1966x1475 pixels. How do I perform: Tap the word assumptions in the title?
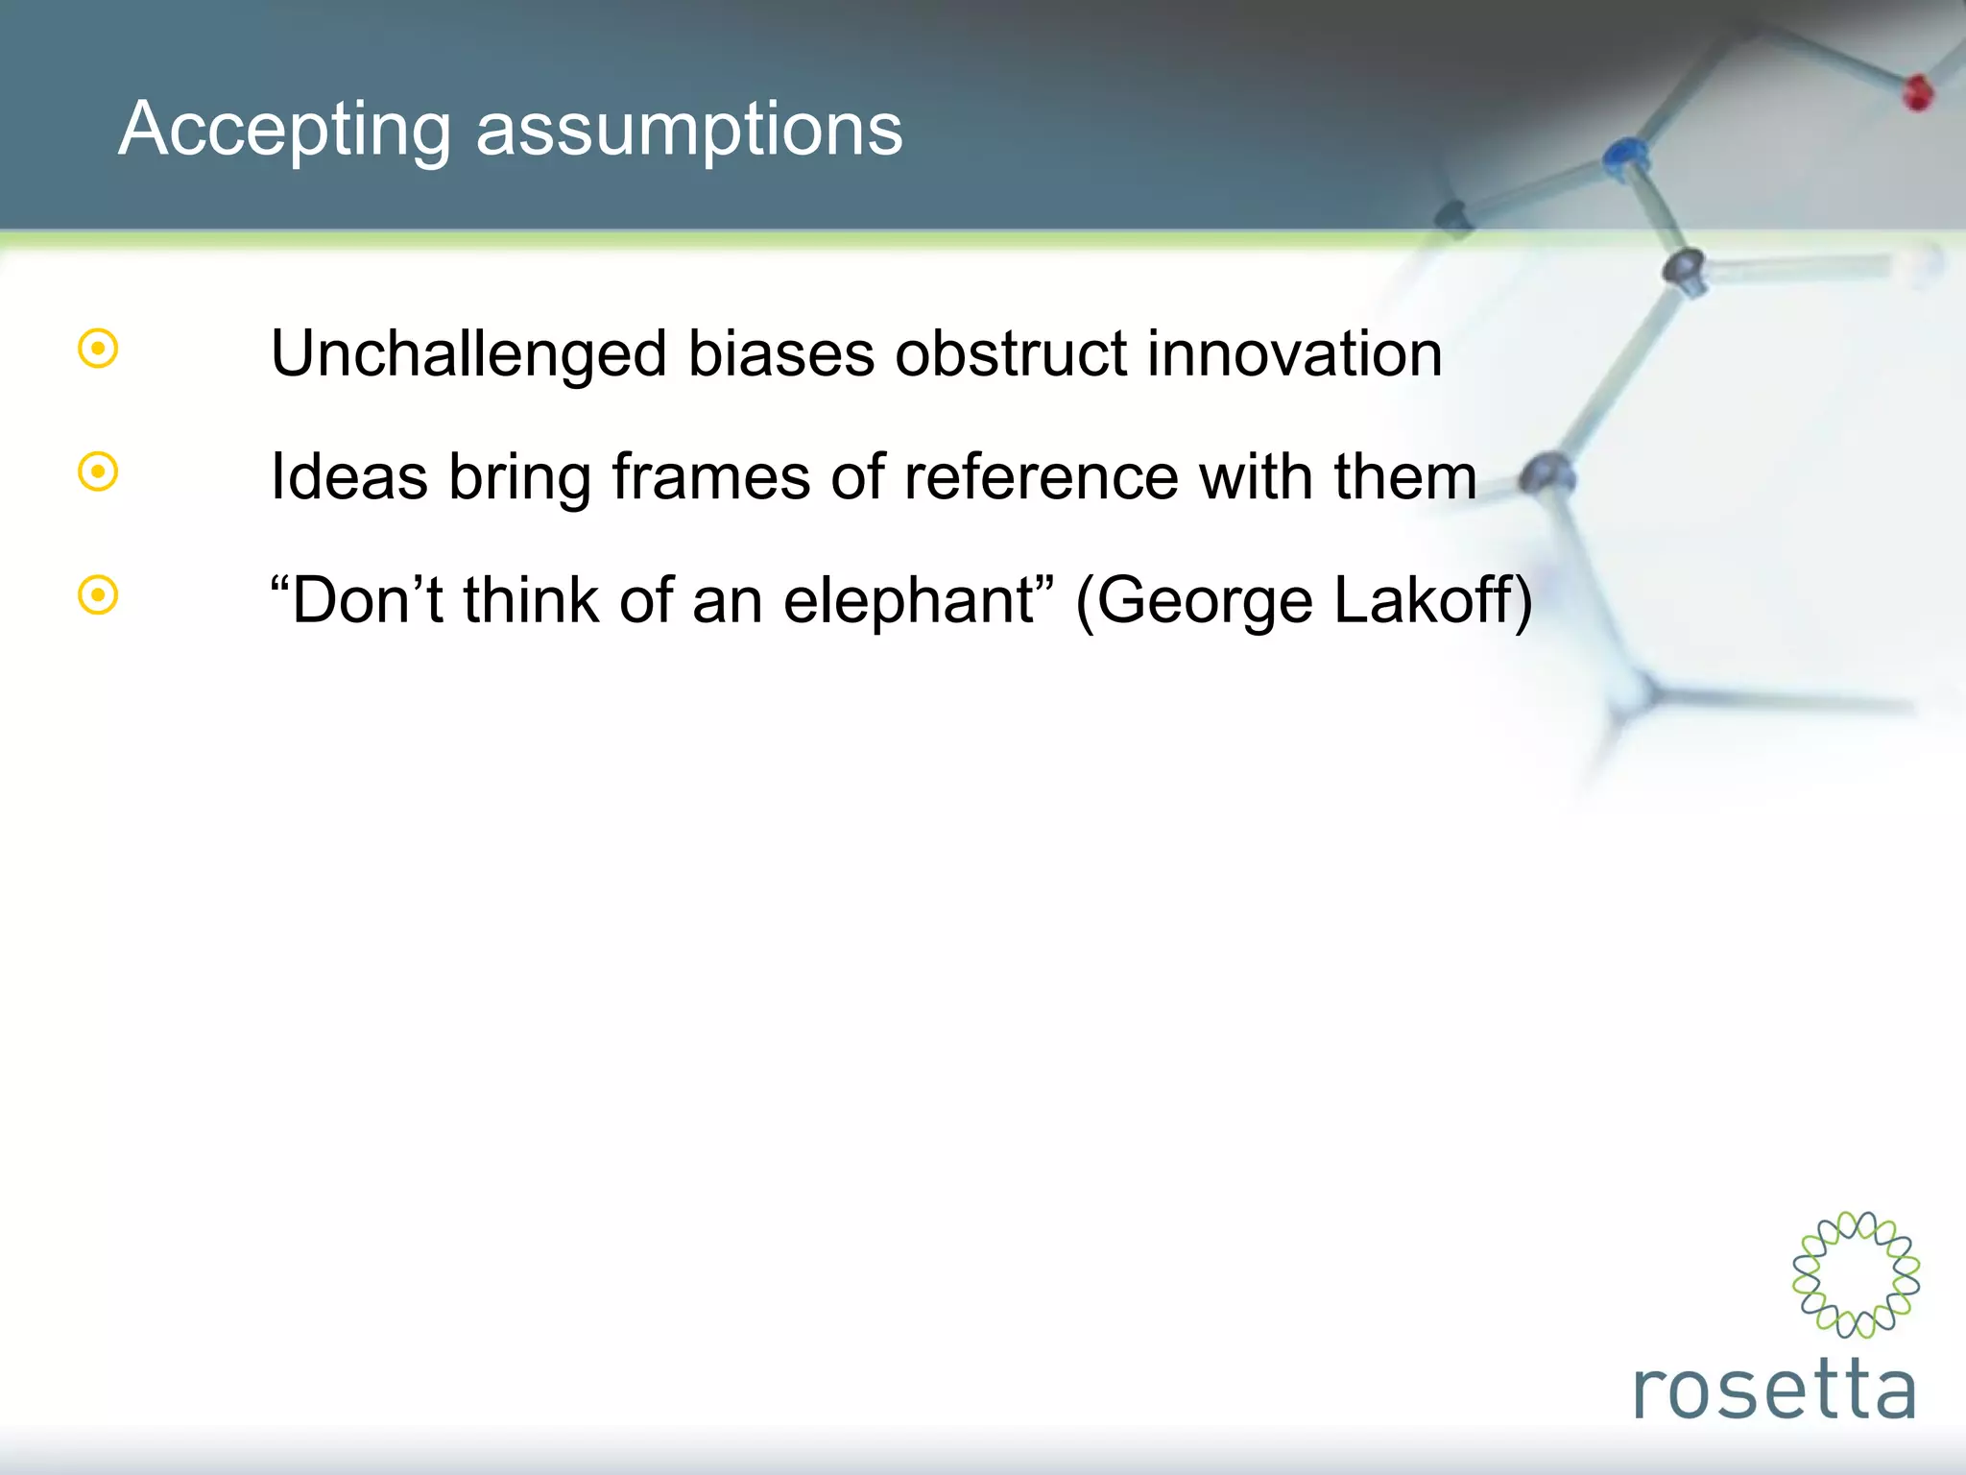(x=689, y=130)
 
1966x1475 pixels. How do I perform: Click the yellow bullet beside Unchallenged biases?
(x=98, y=349)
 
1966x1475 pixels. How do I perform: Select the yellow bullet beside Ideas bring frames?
(x=98, y=472)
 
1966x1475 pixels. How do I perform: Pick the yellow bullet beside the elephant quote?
(x=98, y=595)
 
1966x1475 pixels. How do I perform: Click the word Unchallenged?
(x=468, y=353)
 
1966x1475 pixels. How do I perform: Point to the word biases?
(x=781, y=353)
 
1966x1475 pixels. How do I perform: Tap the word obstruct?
(x=1011, y=353)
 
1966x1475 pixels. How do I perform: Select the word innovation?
(x=1295, y=353)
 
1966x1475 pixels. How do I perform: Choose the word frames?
(x=711, y=476)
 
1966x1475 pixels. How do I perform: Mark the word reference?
(x=1041, y=476)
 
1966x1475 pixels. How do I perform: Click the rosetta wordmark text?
(x=1774, y=1389)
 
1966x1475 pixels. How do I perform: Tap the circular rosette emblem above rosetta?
(x=1856, y=1274)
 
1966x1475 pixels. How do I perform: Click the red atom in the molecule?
(x=1917, y=92)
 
